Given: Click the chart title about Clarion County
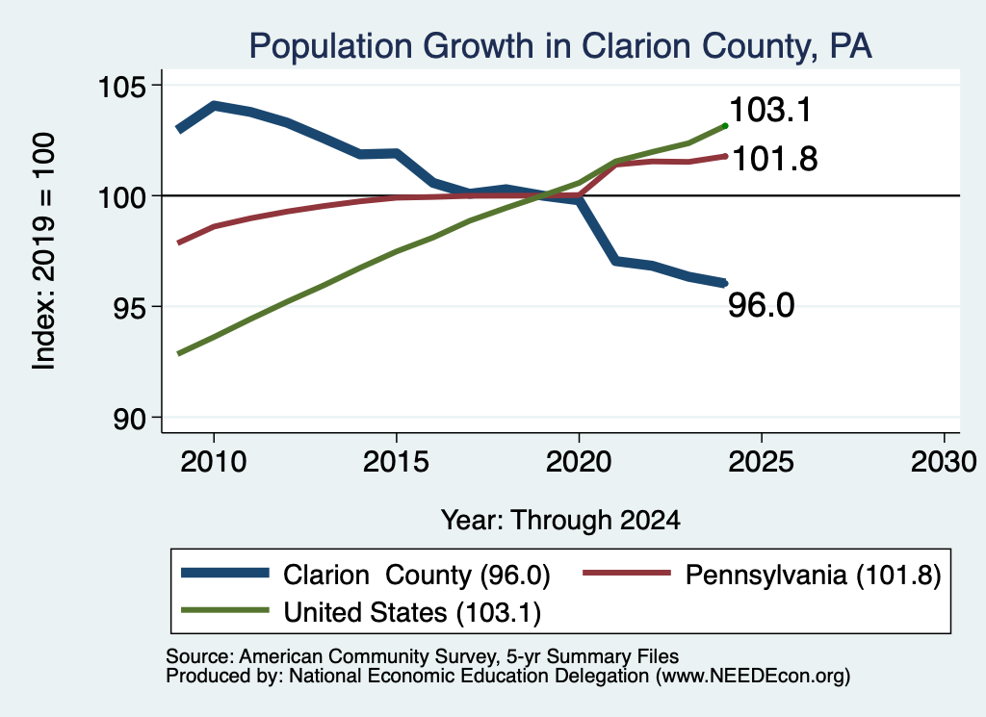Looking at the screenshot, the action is point(560,46).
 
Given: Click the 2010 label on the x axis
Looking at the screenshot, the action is point(213,462).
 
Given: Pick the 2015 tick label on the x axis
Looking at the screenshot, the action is point(396,462).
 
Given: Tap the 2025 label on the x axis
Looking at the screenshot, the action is point(761,462).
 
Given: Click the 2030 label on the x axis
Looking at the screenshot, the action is point(944,462).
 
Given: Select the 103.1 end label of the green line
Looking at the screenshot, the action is point(771,110).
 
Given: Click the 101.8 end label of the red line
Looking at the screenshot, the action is point(775,159).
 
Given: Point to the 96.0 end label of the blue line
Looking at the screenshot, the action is point(762,305).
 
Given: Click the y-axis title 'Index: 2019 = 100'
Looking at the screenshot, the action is point(44,251).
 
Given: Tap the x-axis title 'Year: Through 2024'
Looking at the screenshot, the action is point(561,521).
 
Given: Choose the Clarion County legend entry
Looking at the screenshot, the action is point(366,575).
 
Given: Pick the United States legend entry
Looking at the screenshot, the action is point(361,612).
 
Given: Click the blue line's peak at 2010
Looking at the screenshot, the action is point(214,105).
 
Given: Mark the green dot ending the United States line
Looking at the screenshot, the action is point(725,126).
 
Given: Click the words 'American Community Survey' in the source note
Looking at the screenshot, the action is point(367,656).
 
